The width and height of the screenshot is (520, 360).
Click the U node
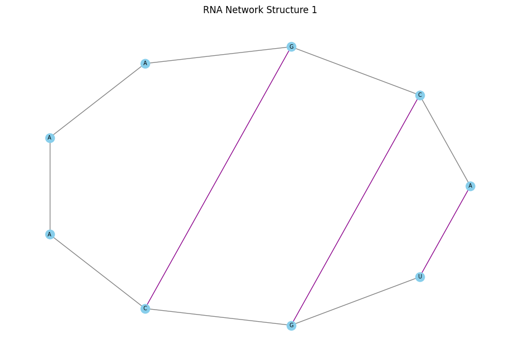point(420,277)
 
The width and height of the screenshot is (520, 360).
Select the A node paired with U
point(470,186)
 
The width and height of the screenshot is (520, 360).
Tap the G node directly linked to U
point(291,326)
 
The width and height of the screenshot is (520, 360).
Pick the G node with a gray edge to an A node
point(291,47)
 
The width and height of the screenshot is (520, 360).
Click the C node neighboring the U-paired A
point(420,95)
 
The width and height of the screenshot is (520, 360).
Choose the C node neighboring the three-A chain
point(145,309)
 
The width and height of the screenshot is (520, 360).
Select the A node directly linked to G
point(145,63)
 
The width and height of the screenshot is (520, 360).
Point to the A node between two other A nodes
point(50,138)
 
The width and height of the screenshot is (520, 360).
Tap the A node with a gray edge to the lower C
point(50,234)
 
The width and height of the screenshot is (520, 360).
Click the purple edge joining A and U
point(445,231)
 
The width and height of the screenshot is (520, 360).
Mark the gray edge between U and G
point(356,301)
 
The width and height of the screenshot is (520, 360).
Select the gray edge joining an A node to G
point(218,55)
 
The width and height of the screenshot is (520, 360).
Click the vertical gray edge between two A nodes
point(50,186)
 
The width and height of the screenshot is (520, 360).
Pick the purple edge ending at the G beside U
point(356,210)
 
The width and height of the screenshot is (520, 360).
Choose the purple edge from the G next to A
point(218,178)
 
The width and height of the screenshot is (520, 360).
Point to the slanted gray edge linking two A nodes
point(97,101)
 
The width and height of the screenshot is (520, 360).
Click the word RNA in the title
point(212,10)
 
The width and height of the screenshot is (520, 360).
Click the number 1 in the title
point(314,10)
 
